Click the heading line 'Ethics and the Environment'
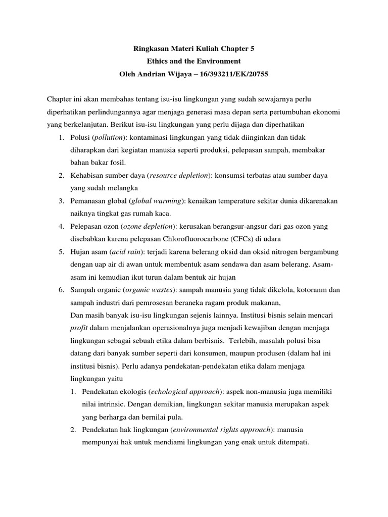click(194, 61)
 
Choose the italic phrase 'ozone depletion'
click(150, 226)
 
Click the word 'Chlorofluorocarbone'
click(196, 238)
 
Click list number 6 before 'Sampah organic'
click(60, 290)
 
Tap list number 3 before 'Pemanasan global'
click(60, 200)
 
